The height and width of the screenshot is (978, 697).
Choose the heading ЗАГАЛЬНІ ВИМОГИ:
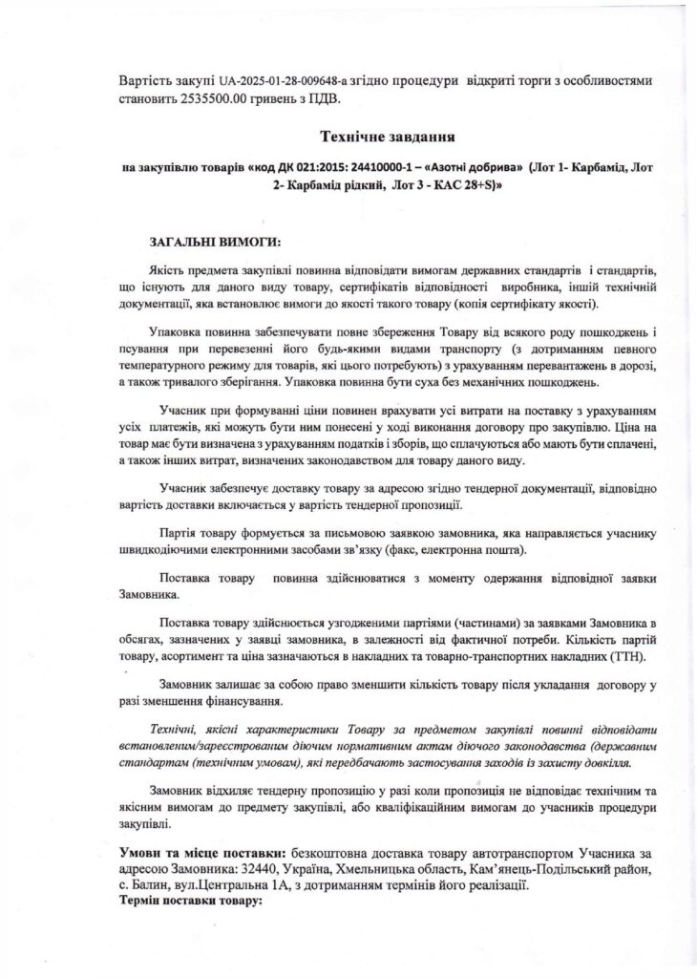pos(216,239)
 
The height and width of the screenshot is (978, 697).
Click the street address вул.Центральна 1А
pos(242,885)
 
